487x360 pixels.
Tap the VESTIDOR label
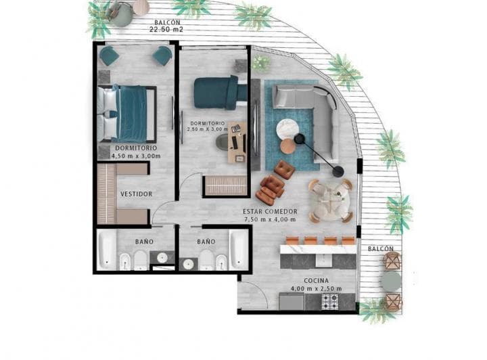136,194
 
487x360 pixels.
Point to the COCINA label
317,280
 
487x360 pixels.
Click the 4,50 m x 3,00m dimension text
136,156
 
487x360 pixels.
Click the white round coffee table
289,128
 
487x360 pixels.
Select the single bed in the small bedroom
215,93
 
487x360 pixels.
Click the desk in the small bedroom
236,143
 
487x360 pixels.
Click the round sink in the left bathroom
162,257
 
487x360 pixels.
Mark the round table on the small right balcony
391,280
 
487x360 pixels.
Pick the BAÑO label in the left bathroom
143,242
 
